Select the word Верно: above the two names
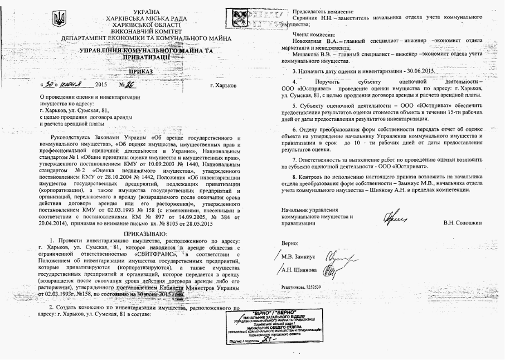[x=290, y=244]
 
